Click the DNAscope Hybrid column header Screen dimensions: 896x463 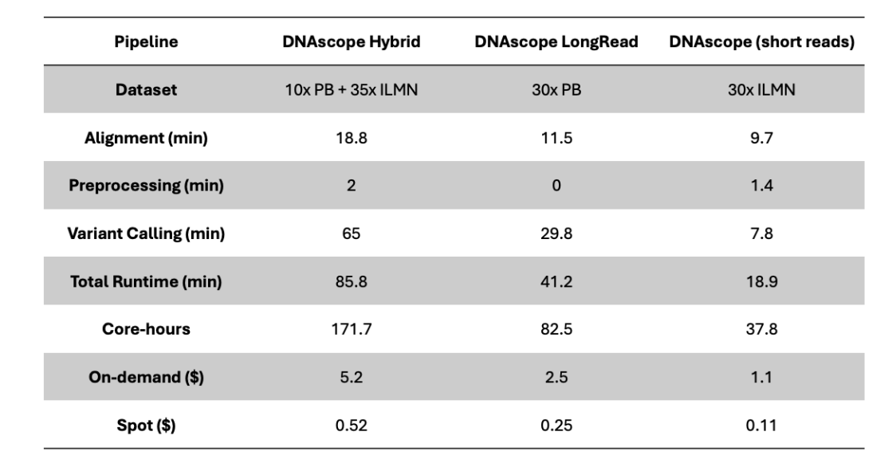(352, 41)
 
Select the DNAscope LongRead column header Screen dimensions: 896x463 (556, 41)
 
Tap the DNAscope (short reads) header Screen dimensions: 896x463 (762, 41)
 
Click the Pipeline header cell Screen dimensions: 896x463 (146, 41)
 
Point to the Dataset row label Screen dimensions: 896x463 (146, 89)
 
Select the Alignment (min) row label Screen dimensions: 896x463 (146, 138)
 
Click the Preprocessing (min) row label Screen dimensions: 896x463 (146, 186)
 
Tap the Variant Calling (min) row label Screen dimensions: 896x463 (146, 233)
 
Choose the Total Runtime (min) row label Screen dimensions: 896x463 (146, 281)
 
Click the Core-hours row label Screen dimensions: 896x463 (146, 329)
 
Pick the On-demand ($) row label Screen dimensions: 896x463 (146, 378)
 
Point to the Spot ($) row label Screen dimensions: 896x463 (146, 426)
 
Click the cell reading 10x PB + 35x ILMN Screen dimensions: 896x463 (352, 89)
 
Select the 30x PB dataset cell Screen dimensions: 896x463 (556, 89)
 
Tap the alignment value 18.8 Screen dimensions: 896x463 (352, 138)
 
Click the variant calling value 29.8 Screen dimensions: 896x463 (556, 233)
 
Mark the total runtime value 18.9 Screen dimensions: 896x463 (762, 281)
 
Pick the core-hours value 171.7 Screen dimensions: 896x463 (352, 329)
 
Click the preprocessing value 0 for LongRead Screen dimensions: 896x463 (556, 186)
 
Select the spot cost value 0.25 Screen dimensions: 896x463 (556, 426)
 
